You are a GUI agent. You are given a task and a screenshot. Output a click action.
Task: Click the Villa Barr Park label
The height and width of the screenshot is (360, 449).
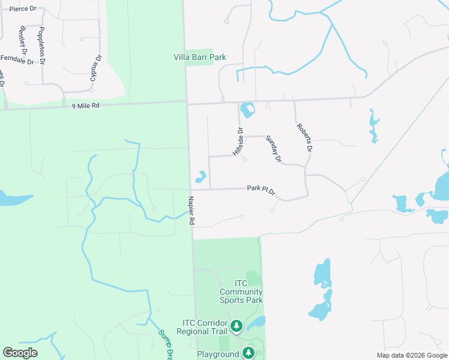(199, 58)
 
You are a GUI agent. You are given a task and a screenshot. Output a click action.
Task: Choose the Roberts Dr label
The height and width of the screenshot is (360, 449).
(304, 137)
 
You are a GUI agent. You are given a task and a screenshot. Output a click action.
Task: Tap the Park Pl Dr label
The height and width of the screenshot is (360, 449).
(261, 189)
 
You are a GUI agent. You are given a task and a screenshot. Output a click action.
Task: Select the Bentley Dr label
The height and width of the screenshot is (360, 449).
(24, 39)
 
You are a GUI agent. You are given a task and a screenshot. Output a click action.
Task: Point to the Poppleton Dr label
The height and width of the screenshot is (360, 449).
(41, 46)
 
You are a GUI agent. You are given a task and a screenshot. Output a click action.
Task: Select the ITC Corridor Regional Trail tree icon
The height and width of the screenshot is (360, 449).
(237, 326)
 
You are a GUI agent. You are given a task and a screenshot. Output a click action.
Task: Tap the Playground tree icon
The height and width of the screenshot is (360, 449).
(248, 353)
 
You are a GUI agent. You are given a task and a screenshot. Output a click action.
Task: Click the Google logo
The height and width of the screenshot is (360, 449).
(20, 353)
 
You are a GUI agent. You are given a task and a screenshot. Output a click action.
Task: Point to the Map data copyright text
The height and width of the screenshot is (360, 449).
(412, 355)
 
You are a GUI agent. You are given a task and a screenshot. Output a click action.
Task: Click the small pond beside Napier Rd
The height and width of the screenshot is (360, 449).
(200, 177)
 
